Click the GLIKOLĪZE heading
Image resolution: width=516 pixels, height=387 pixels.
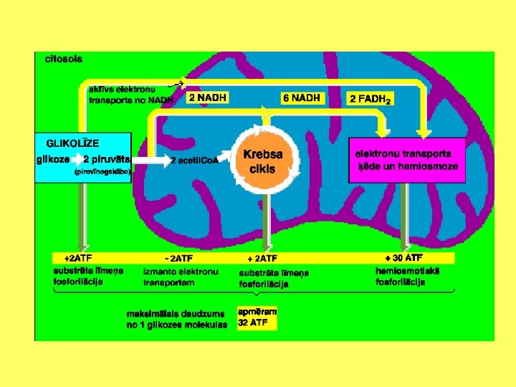coord(73,143)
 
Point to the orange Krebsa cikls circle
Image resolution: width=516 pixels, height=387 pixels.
coord(262,162)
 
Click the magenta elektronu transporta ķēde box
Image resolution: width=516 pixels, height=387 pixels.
coord(406,161)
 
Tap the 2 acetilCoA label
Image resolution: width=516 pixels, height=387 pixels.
coord(193,161)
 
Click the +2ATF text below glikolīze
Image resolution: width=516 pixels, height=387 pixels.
coord(78,257)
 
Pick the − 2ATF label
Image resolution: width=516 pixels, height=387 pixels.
coord(178,258)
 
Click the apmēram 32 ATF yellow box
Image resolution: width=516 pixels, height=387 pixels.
coord(257,318)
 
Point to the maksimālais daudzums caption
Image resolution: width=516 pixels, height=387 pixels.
coord(176,319)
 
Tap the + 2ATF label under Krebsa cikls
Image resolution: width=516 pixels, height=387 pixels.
coord(262,258)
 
